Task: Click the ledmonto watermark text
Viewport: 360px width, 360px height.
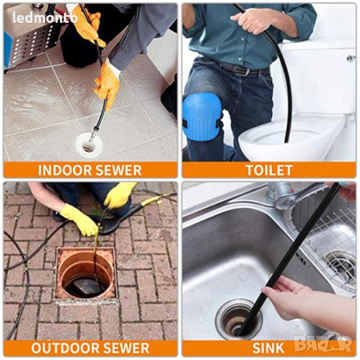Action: pyautogui.click(x=45, y=17)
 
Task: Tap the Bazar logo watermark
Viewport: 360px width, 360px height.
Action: pyautogui.click(x=323, y=344)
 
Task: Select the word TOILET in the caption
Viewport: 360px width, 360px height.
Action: pyautogui.click(x=269, y=170)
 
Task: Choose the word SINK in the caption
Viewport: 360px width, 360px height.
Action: pyautogui.click(x=268, y=348)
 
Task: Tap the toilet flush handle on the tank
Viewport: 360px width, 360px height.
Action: pyautogui.click(x=352, y=58)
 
